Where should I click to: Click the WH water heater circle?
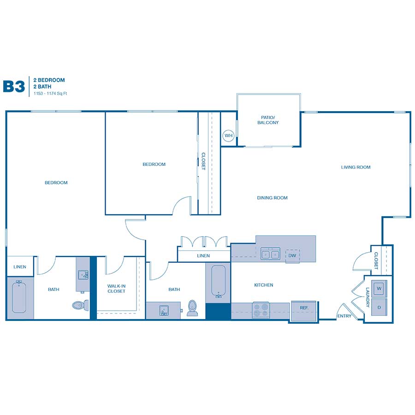[x=228, y=136]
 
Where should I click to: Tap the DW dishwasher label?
[x=292, y=255]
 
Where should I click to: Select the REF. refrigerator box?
[x=304, y=311]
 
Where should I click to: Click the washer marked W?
[x=379, y=289]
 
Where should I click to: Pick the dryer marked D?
[x=379, y=307]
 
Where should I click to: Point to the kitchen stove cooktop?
[x=261, y=310]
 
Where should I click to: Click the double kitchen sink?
[x=270, y=254]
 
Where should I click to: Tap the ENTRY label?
[x=344, y=316]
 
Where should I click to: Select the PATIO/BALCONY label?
[x=268, y=120]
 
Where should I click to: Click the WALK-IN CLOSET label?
[x=117, y=289]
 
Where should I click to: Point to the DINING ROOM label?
[x=272, y=198]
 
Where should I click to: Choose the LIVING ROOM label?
[x=356, y=167]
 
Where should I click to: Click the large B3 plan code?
[x=14, y=86]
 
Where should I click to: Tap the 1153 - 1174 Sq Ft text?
[x=50, y=94]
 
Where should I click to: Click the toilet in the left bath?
[x=80, y=305]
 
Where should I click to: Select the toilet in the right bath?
[x=192, y=308]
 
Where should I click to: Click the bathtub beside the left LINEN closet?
[x=19, y=296]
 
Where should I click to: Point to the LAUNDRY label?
[x=368, y=297]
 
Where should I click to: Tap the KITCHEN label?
[x=264, y=285]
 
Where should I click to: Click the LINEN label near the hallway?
[x=203, y=255]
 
